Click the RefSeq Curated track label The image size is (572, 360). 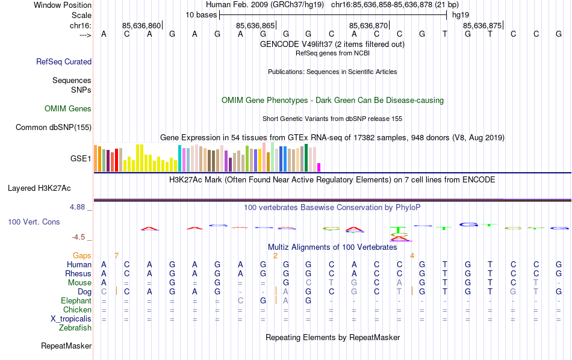coord(64,61)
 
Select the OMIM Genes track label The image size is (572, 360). coord(68,109)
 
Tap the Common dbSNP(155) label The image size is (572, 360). coord(54,127)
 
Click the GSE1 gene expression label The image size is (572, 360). coord(81,159)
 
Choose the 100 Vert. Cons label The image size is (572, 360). coord(34,222)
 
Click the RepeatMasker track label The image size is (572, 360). coord(66,346)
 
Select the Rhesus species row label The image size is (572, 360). coord(78,273)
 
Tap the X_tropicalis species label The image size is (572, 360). coord(72,318)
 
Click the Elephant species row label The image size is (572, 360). coord(76,300)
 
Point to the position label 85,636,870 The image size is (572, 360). coord(368,26)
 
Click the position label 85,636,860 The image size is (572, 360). coord(141,26)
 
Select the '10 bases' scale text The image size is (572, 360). coord(201,14)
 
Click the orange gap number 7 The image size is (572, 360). coord(116,256)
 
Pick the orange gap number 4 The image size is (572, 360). coord(412,256)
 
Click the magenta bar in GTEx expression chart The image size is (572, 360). coord(319,167)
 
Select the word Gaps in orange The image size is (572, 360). coord(82,256)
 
